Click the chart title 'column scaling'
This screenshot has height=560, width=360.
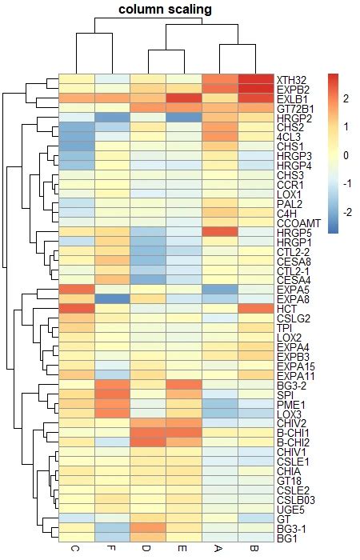coord(166,10)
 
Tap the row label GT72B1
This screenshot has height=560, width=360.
coord(295,108)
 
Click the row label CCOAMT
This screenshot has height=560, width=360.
coord(298,222)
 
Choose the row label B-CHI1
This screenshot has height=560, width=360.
coord(294,433)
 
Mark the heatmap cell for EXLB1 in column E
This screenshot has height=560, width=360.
coord(185,98)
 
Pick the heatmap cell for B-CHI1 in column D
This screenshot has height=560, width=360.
coord(150,433)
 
